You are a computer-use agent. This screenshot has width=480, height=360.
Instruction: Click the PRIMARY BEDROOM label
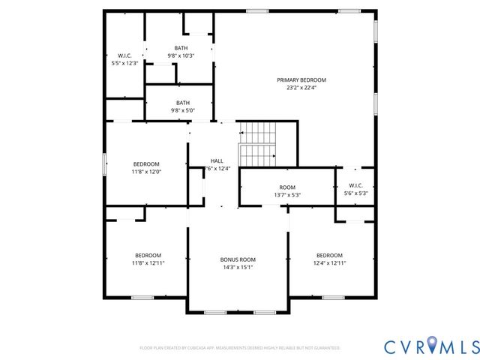pyautogui.click(x=301, y=79)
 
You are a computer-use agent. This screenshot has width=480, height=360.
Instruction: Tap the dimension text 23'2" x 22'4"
pyautogui.click(x=301, y=87)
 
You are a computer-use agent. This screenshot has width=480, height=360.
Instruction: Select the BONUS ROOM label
pyautogui.click(x=238, y=259)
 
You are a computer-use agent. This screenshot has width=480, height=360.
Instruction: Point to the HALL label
pyautogui.click(x=217, y=161)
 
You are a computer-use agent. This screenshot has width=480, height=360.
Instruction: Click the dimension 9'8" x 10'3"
pyautogui.click(x=181, y=55)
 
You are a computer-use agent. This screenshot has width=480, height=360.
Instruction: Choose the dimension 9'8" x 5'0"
pyautogui.click(x=183, y=110)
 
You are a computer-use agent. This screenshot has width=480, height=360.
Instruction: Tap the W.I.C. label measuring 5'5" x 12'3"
pyautogui.click(x=124, y=55)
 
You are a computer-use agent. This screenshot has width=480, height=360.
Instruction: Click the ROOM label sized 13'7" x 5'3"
pyautogui.click(x=287, y=187)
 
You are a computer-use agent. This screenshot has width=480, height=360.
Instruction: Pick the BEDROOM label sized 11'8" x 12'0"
pyautogui.click(x=146, y=164)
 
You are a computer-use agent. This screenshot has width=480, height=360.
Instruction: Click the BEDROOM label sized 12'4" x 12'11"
pyautogui.click(x=329, y=255)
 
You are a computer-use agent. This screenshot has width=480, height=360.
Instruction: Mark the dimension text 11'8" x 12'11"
pyautogui.click(x=148, y=262)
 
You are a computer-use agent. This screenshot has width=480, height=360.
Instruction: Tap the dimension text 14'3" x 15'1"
pyautogui.click(x=238, y=267)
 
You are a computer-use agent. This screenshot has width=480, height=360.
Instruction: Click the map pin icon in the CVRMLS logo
pyautogui.click(x=433, y=345)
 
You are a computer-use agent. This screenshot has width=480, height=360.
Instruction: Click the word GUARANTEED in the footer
pyautogui.click(x=325, y=348)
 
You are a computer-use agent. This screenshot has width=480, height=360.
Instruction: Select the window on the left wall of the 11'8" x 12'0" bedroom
pyautogui.click(x=104, y=163)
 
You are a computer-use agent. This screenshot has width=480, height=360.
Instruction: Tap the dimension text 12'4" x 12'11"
pyautogui.click(x=329, y=262)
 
